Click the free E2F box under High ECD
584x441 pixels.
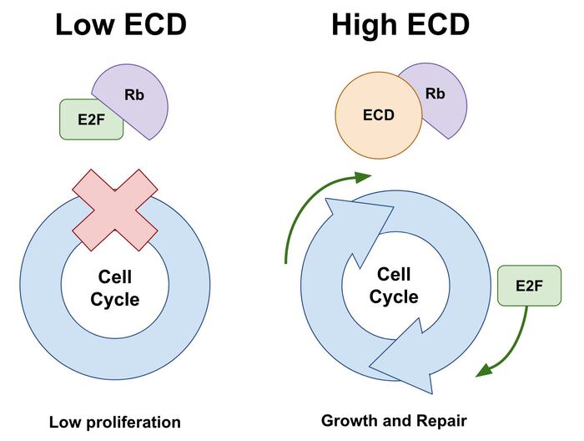[x=529, y=286]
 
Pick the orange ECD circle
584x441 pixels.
[x=377, y=116]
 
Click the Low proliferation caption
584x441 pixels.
[x=114, y=422]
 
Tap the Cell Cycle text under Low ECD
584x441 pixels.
[x=115, y=287]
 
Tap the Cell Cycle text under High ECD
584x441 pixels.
[x=394, y=285]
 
